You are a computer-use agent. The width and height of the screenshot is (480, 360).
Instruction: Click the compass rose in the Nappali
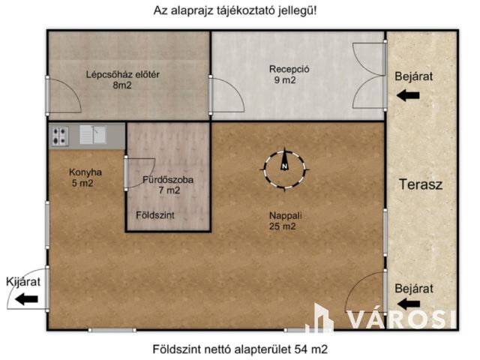tap(284, 169)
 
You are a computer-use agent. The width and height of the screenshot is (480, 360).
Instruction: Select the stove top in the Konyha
tap(61, 136)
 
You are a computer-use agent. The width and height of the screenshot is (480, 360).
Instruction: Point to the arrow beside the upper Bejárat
tap(409, 95)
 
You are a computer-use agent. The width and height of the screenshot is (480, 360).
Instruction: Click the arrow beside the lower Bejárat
tap(409, 303)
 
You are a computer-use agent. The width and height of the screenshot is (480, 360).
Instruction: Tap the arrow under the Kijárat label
tap(26, 299)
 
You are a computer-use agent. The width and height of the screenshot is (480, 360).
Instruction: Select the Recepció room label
tap(289, 70)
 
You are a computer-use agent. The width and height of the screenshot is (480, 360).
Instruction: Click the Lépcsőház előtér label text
tap(124, 73)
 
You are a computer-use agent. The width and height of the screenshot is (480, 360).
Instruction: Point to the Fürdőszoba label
tap(168, 180)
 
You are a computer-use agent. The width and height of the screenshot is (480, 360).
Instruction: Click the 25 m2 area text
tap(283, 227)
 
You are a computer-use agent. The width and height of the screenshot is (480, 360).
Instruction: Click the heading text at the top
tap(239, 11)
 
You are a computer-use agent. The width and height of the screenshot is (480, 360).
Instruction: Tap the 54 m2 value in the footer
tap(310, 349)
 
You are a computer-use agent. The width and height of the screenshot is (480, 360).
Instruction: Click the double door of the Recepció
tap(369, 75)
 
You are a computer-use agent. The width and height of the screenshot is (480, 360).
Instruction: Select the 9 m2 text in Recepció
tap(283, 81)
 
